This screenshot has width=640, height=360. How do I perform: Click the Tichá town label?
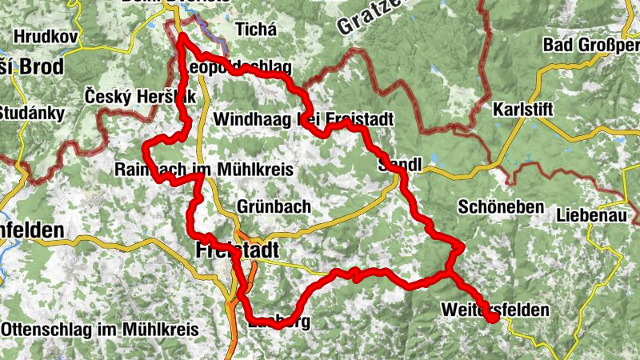click(x=255, y=30)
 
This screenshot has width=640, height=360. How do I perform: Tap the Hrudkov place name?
click(x=46, y=37)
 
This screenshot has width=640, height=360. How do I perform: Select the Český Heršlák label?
click(x=140, y=96)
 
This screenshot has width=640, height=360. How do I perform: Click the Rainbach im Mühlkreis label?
click(x=204, y=170)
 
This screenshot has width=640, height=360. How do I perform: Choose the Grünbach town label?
click(x=274, y=206)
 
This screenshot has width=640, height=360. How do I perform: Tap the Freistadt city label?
click(x=237, y=251)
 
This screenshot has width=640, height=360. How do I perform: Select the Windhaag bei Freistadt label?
click(x=304, y=118)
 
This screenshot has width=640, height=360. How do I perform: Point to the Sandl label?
click(x=399, y=165)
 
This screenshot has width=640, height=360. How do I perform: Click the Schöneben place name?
click(x=501, y=206)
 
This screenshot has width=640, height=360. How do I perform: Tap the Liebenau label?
click(x=594, y=215)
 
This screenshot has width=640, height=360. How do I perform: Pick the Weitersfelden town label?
click(x=494, y=310)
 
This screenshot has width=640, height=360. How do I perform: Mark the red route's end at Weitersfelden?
click(x=494, y=318)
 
